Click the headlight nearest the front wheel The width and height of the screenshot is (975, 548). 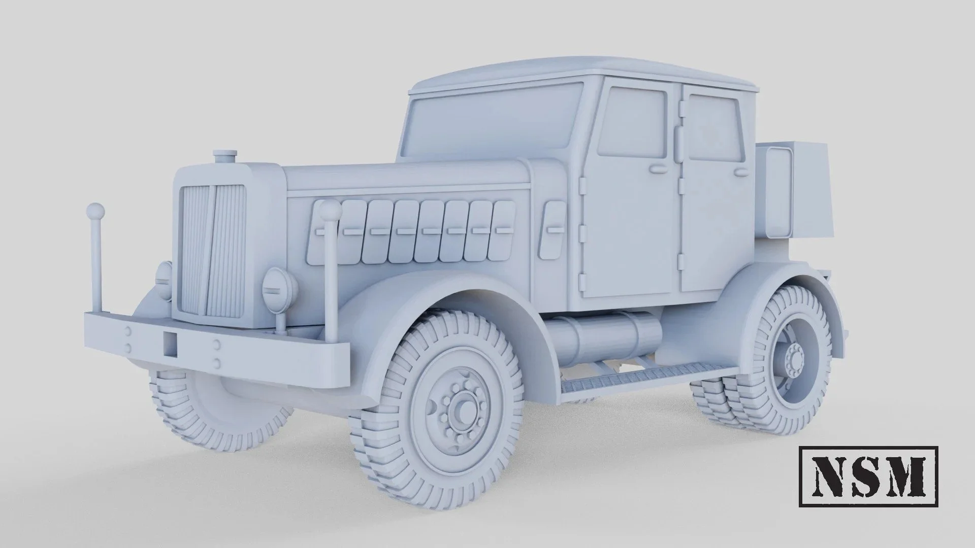coord(276,290)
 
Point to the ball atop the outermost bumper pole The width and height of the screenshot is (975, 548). coord(95,211)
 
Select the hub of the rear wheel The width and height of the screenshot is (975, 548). coord(793,360)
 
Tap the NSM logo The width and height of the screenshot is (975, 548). coord(868,476)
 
